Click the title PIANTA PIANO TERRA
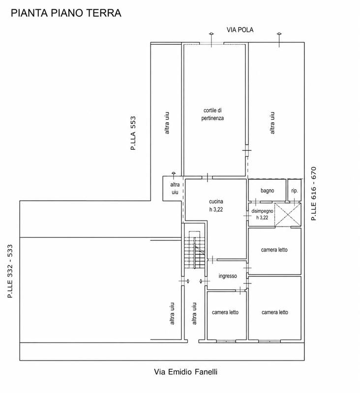coord(66,13)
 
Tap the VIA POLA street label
coord(240,30)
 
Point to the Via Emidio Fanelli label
coord(185,372)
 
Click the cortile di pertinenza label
coord(212,114)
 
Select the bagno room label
coord(267,191)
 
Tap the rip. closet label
coord(295,191)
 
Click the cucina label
coord(216,201)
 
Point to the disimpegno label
coord(262,211)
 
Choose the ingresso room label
coord(228,276)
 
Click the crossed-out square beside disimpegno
coord(288,215)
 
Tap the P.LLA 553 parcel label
coord(133,133)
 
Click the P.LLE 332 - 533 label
coord(10,271)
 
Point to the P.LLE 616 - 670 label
coord(314,194)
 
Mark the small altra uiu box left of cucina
coord(173,189)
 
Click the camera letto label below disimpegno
coord(274,250)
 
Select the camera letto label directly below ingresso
coord(225,312)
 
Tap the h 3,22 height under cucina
coord(216,210)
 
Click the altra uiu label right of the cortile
coord(272,123)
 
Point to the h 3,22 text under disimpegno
coord(262,218)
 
